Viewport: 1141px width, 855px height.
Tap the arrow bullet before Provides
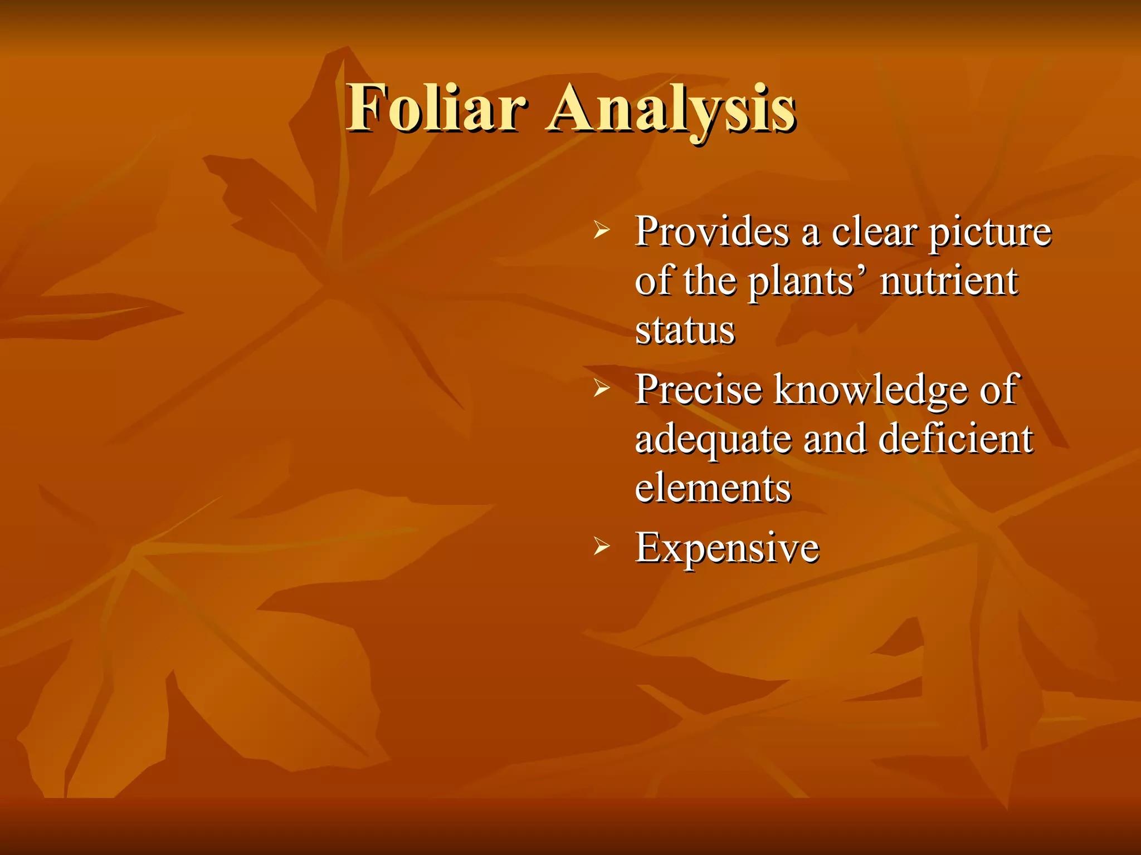point(602,229)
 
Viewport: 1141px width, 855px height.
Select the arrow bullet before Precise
point(602,388)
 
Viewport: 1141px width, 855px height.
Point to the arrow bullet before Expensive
point(602,546)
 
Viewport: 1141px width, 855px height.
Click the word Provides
point(712,231)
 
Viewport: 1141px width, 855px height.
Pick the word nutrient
point(949,281)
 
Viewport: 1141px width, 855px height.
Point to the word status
point(685,330)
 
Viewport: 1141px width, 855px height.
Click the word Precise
point(699,389)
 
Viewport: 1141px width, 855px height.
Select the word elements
point(713,488)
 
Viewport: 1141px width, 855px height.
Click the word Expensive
point(728,548)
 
